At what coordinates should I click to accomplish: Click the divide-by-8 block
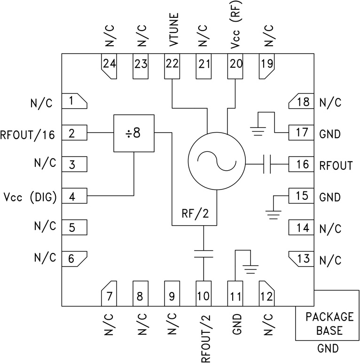pos(134,133)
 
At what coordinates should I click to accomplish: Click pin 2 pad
pos(75,133)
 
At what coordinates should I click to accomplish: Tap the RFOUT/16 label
pos(29,135)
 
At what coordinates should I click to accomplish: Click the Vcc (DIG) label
pos(29,197)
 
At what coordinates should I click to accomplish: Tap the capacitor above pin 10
pos(203,254)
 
